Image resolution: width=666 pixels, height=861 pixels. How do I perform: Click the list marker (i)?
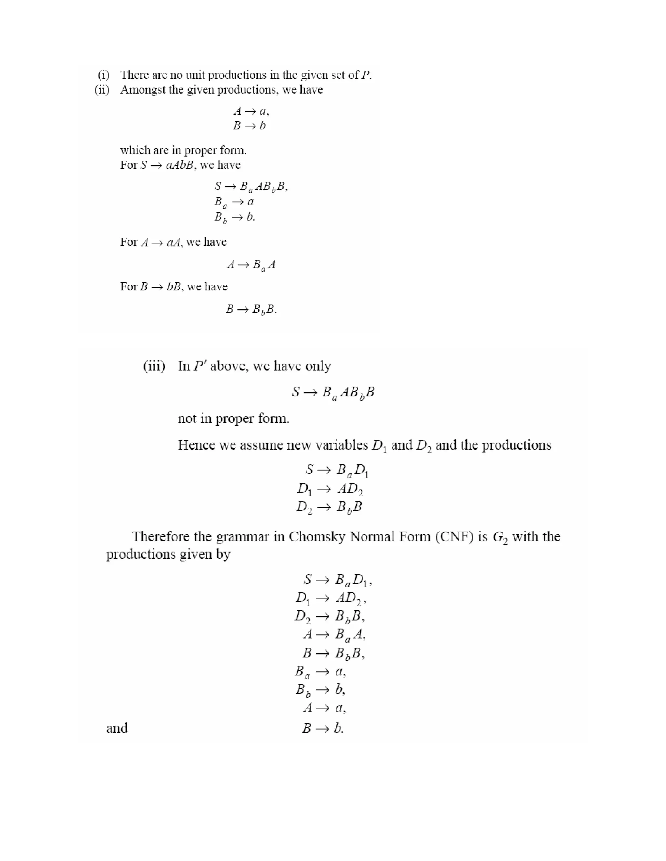[x=103, y=75]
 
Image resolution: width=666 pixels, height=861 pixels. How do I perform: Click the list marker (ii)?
[x=102, y=90]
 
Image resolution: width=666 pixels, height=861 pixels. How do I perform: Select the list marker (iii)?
[x=154, y=366]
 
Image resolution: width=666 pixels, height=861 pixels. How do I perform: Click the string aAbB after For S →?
[x=180, y=165]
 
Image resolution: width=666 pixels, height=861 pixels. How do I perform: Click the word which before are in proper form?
[x=133, y=150]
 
